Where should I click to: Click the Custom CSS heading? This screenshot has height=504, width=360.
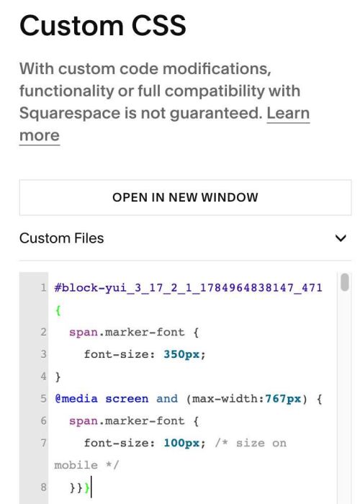click(102, 25)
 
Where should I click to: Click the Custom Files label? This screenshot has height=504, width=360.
click(61, 238)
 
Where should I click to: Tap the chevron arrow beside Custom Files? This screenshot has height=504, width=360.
click(341, 238)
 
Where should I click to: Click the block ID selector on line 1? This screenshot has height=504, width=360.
click(189, 287)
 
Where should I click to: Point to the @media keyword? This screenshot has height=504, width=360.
click(76, 399)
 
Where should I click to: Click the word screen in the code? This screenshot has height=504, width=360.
click(127, 399)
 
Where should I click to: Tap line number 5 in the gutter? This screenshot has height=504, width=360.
click(43, 399)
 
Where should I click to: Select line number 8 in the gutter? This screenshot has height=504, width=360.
click(43, 487)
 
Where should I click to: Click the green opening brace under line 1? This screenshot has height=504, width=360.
click(58, 310)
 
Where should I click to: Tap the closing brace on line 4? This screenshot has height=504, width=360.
click(58, 377)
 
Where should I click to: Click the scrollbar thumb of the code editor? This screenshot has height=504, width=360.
click(345, 282)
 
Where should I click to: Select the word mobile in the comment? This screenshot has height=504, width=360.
click(76, 465)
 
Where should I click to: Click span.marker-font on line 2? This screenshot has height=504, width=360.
click(127, 332)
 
